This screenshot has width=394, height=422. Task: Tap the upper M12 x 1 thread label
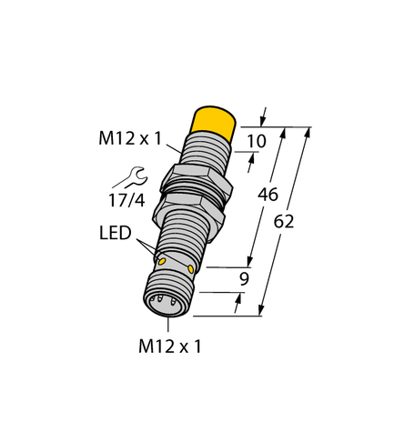pos(130,138)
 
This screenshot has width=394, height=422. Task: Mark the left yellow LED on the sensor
pos(162,261)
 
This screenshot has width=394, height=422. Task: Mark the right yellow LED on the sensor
pos(191,268)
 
